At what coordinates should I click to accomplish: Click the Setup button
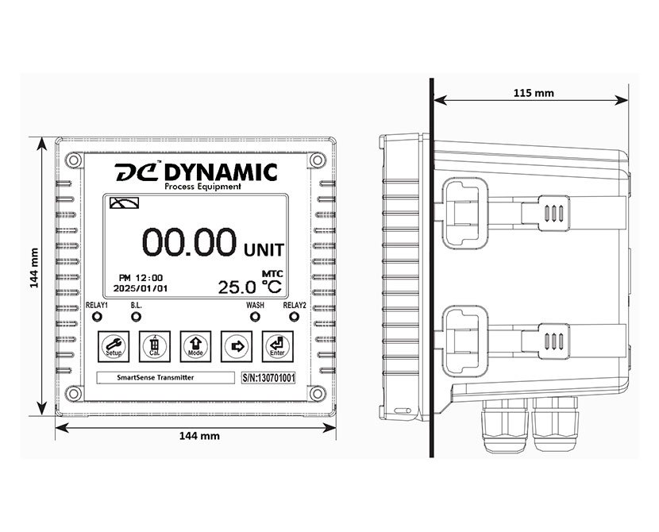112,345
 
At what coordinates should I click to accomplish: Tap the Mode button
194,345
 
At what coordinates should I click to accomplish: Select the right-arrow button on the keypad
235,345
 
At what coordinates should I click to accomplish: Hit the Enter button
276,345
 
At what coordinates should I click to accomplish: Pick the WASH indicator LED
255,317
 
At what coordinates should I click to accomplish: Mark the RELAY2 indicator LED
293,317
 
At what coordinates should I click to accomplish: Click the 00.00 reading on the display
189,241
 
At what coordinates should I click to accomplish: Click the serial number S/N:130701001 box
268,378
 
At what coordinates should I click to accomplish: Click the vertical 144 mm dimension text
35,270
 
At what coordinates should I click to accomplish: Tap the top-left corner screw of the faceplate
73,160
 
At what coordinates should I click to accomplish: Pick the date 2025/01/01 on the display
141,289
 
